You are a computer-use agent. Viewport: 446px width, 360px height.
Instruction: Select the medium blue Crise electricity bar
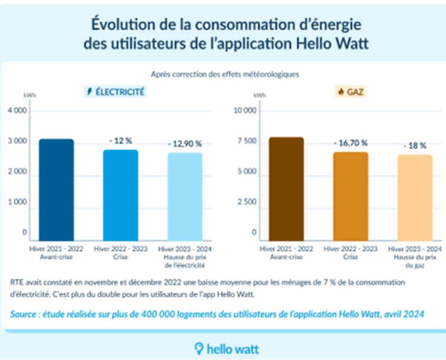[x=121, y=195]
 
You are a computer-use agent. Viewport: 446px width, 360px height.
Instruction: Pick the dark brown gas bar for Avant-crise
[x=286, y=188]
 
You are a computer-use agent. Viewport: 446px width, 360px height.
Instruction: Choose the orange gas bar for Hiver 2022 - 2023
[x=351, y=196]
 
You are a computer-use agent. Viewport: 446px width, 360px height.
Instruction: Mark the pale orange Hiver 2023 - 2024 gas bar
[x=415, y=197]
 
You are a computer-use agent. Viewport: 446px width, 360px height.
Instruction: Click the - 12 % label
[x=121, y=141]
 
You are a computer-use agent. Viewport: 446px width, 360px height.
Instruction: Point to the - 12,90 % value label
[x=185, y=144]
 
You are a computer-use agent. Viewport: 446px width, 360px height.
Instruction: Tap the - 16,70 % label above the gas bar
[x=350, y=143]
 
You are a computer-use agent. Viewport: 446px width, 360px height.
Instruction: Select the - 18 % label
[x=415, y=146]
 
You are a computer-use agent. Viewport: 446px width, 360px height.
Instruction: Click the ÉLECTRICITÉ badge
[x=115, y=92]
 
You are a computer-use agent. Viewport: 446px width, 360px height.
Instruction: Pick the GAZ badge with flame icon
[x=350, y=92]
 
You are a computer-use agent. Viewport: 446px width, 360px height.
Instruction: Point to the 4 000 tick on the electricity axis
[x=18, y=111]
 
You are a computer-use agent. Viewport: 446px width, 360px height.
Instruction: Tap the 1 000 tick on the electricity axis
[x=18, y=202]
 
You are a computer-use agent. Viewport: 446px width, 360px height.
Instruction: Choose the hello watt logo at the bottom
[x=226, y=349]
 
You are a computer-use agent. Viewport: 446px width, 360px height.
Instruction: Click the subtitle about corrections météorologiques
[x=225, y=74]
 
